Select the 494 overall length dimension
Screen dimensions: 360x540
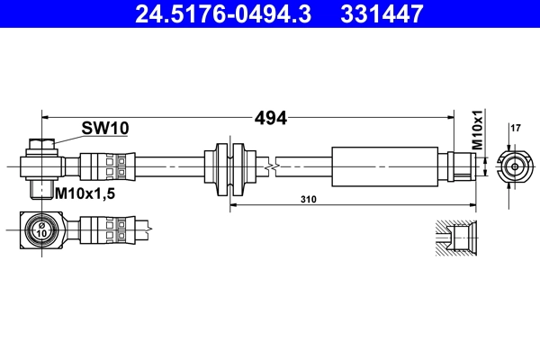click(x=271, y=118)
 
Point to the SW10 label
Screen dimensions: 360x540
click(x=105, y=129)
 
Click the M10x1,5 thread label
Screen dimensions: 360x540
click(x=87, y=193)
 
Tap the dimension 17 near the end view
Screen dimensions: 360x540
click(x=515, y=129)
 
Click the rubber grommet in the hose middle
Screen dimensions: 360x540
click(x=229, y=166)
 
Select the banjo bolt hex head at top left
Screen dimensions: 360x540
click(x=41, y=144)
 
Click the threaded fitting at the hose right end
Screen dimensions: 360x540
click(x=460, y=166)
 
